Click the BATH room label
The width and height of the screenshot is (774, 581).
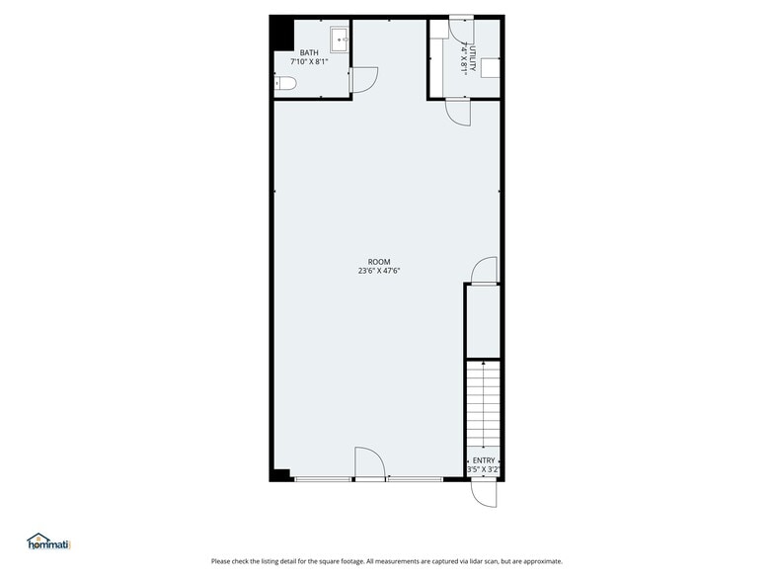309,52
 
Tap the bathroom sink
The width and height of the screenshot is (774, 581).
339,41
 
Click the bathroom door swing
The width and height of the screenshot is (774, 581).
365,79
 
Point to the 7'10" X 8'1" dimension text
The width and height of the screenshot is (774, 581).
309,62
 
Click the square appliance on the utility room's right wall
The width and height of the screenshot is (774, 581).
491,67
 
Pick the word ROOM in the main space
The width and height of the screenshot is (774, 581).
379,262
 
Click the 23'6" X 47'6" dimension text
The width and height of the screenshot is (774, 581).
379,271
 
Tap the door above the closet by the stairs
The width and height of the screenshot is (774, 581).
484,271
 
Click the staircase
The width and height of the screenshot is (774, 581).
483,405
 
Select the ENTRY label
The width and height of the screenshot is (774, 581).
484,460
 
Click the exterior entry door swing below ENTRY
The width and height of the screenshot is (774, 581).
485,492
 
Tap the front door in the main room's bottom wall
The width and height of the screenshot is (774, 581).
368,462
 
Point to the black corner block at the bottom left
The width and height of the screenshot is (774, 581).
281,473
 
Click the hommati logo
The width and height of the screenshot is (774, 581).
48,541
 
